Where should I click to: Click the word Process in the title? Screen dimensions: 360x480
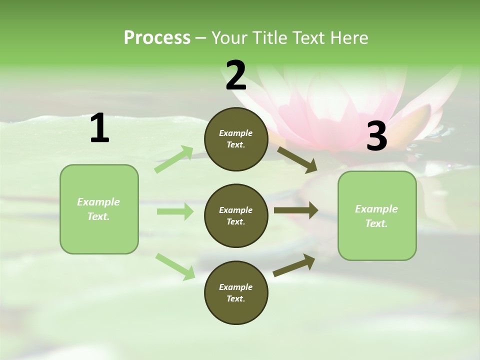coord(157,38)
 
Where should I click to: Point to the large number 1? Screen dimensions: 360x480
coord(99,129)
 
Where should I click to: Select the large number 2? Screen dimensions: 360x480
coord(236,75)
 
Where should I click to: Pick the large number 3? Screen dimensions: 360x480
coord(376,136)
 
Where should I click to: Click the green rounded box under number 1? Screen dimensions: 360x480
coord(99,209)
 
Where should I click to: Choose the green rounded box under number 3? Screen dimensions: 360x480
coord(377,216)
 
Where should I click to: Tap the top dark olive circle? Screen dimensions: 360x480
coord(236,139)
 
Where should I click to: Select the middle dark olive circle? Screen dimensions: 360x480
coord(236,216)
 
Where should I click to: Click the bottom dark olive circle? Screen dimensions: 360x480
coord(236,293)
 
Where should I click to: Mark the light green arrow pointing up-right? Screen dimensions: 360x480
coord(174,159)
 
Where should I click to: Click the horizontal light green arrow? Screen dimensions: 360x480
coord(175,211)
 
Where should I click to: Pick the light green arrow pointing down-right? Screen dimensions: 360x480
coord(175,266)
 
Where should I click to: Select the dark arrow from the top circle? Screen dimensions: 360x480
coord(297,158)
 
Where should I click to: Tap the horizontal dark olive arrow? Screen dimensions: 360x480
coord(296,210)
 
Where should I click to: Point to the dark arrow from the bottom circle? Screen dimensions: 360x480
coord(294,265)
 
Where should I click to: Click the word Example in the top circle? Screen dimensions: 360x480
coord(236,133)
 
